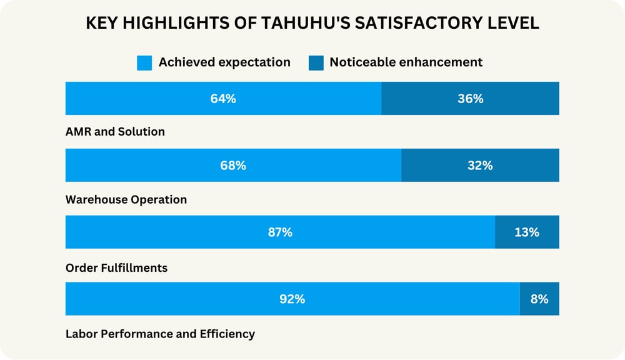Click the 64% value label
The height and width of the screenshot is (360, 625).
(223, 98)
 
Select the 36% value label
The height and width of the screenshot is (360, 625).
(470, 98)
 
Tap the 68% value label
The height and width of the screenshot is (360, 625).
(233, 166)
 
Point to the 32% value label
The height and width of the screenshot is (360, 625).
(480, 166)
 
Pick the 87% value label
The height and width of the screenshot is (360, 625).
(280, 232)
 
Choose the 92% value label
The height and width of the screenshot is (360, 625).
(292, 299)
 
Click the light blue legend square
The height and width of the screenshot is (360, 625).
(144, 62)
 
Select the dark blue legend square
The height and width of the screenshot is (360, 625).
(316, 62)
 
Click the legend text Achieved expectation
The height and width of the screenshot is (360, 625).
(224, 62)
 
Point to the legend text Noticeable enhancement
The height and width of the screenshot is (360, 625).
(406, 62)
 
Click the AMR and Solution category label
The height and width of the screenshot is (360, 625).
(115, 132)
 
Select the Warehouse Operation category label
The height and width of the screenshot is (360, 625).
(126, 199)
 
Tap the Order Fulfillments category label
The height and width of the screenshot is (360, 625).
(116, 267)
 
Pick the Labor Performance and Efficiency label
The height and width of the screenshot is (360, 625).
(160, 334)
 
